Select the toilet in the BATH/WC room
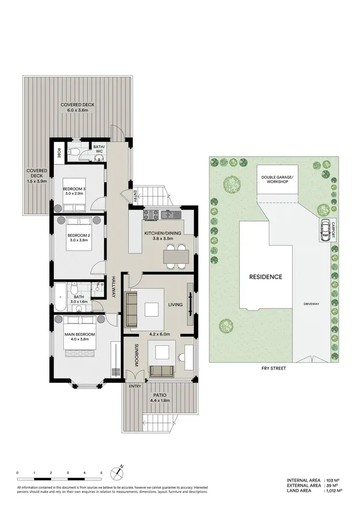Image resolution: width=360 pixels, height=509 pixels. pos(72,152)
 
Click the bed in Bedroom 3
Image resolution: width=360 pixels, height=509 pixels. pos(73,206)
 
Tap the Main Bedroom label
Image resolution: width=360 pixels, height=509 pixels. pos(80,336)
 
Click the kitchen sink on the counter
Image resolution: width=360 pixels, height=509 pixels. pos(169,214)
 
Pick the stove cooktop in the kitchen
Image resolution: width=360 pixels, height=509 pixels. pos(150,214)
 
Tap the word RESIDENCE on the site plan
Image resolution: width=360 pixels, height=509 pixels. pos(265,277)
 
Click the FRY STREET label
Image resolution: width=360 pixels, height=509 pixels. pos(274,368)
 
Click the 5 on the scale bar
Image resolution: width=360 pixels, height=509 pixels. pos(101,473)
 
